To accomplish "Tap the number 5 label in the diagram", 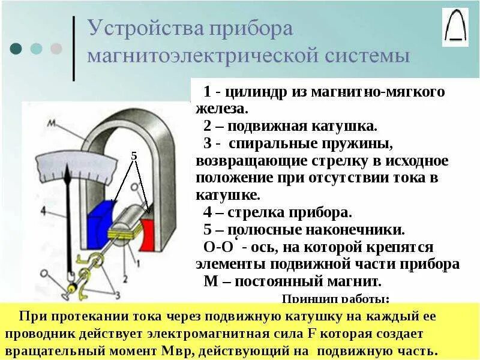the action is pos(134,156).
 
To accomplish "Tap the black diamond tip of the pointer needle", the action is pos(73,179).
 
